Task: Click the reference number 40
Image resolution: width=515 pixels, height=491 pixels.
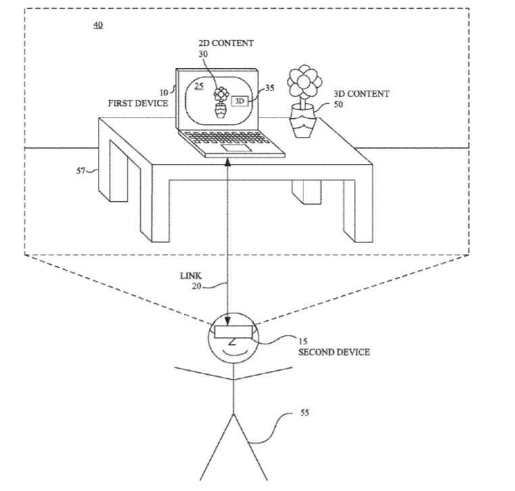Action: pos(98,26)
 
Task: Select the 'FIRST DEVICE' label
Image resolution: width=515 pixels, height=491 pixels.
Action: pos(137,103)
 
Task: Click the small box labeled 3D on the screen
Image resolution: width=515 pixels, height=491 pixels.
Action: pos(240,101)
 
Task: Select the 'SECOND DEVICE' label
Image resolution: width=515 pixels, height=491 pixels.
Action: pos(334,353)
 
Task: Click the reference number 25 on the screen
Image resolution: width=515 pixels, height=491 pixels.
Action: pos(199,86)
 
